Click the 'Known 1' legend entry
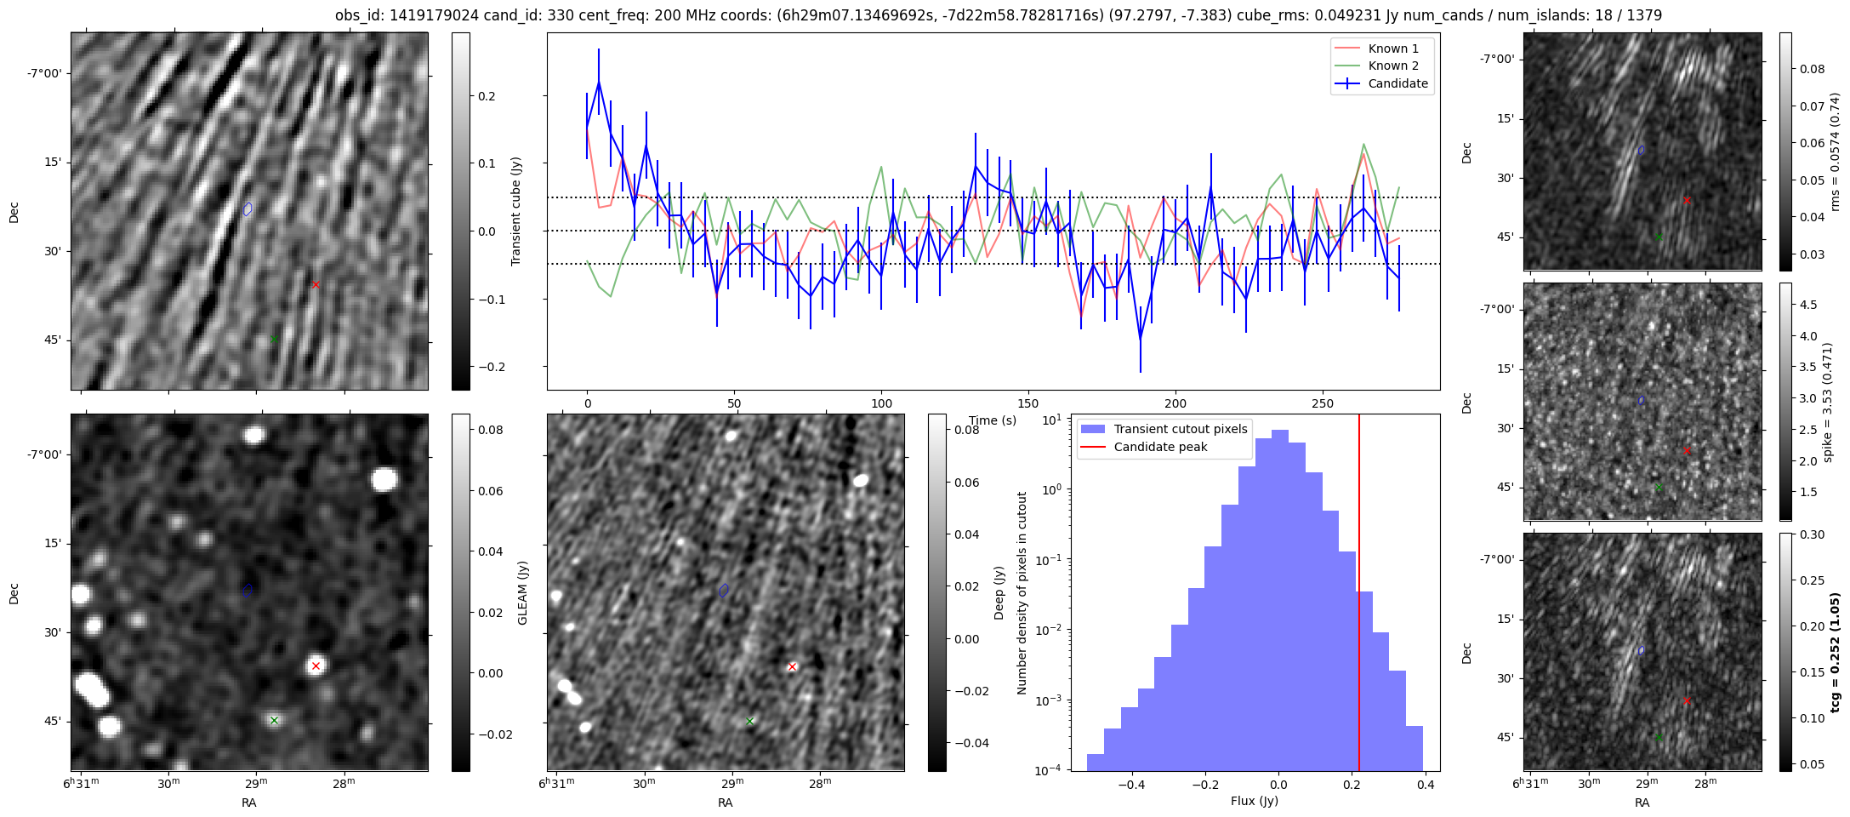point(1392,49)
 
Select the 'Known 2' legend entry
point(1392,66)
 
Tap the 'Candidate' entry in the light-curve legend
point(1397,83)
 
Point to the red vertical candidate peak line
point(1359,596)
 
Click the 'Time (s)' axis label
point(993,420)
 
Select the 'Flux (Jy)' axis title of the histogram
point(1254,801)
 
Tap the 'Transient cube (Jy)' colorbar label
point(515,211)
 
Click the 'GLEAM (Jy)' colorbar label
point(522,592)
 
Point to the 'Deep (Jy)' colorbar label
point(999,592)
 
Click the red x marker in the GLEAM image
point(316,666)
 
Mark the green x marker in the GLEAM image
point(274,720)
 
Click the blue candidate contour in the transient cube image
point(248,209)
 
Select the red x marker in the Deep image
point(792,666)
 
